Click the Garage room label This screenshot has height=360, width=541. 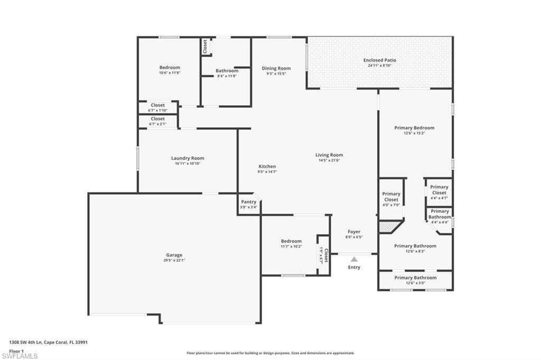coord(174,254)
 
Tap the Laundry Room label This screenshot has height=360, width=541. coord(187,158)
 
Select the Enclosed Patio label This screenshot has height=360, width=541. coord(379,60)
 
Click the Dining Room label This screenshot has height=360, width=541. coord(276,68)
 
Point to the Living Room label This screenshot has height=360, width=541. coord(329,155)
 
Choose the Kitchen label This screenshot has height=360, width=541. coord(267,166)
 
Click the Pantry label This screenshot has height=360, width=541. coord(248,202)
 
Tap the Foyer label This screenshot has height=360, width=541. coord(354,231)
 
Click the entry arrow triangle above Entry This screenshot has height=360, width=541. coord(354,259)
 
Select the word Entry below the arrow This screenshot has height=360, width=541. coord(354,267)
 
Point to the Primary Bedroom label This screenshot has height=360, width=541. coord(414,128)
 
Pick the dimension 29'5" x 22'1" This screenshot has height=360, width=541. coord(174,260)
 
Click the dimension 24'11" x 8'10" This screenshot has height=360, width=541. coord(379,65)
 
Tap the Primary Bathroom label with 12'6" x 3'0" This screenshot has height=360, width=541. coord(415,278)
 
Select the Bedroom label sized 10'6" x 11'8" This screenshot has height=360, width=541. coord(170,67)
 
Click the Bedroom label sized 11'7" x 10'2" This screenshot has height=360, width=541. coord(291,241)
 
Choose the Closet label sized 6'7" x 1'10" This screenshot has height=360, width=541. coord(157,105)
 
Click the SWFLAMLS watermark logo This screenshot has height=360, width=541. coord(20,356)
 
